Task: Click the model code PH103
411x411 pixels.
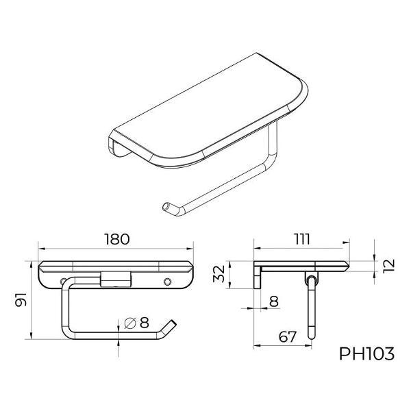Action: [367, 354]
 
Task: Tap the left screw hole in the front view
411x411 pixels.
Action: [64, 281]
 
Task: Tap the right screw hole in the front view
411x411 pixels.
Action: [169, 281]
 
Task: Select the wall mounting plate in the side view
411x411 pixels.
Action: [259, 277]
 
